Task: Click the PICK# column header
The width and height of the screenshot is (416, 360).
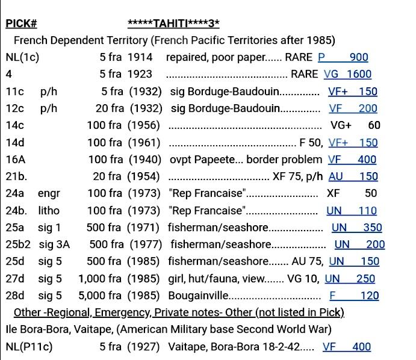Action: click(x=21, y=24)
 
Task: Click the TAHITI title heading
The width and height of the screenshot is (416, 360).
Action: click(x=173, y=24)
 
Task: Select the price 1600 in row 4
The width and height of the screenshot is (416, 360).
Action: click(x=358, y=75)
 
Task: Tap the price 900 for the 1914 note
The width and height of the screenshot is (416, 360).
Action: click(x=358, y=58)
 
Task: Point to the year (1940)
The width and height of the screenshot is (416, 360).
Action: click(x=145, y=160)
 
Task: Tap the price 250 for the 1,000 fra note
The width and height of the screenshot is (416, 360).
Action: click(x=365, y=279)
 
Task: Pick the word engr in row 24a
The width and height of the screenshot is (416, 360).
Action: click(x=49, y=194)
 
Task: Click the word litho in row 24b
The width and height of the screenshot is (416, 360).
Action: click(x=49, y=211)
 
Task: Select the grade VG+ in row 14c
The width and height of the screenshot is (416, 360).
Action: click(x=340, y=126)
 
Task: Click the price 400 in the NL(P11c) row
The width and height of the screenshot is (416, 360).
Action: click(x=362, y=347)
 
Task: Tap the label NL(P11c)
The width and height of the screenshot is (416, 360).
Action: click(x=26, y=347)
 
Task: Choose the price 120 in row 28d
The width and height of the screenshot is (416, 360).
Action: click(x=369, y=296)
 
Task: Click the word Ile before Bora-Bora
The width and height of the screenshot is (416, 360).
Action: click(x=13, y=330)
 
